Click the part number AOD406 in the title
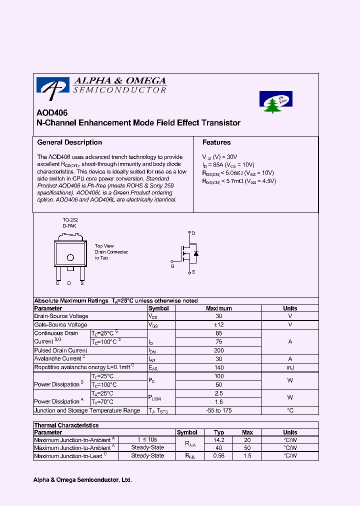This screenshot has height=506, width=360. point(52,113)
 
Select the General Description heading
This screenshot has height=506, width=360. point(69,142)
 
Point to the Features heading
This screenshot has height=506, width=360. point(216,142)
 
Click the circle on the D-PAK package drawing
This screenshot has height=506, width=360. point(70,257)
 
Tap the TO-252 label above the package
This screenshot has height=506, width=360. point(70,220)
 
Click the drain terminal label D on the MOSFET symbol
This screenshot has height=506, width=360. point(193,233)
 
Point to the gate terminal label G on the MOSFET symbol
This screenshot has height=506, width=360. point(172,266)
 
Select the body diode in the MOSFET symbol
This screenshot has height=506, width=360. point(196,253)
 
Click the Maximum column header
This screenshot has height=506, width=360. point(218,308)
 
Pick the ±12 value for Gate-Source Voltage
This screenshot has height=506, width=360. point(218,324)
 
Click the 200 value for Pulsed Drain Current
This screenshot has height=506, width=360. point(218,350)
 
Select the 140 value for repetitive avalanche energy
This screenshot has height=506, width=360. point(218,367)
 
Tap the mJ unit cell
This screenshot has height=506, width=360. point(290,367)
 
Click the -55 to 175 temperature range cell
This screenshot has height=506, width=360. point(218,410)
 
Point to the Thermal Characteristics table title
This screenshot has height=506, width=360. point(66,425)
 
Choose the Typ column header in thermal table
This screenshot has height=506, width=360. point(219,432)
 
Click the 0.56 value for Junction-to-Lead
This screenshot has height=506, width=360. point(219,456)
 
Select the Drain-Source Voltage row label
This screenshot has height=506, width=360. point(61,316)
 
